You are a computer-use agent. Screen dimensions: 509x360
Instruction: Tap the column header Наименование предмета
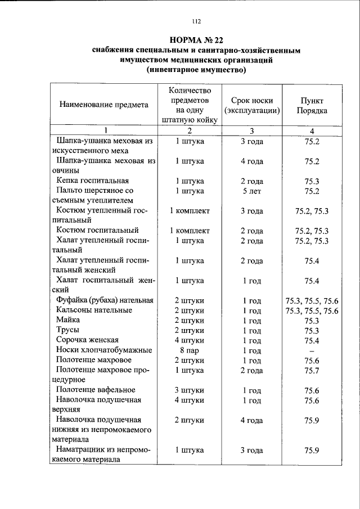tap(104, 104)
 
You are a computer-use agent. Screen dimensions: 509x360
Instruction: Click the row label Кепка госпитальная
tap(93, 181)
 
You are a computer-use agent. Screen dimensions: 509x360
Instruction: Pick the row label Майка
tap(68, 320)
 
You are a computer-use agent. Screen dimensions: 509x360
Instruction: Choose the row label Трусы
tap(67, 330)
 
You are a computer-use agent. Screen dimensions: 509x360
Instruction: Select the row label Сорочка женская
tap(87, 340)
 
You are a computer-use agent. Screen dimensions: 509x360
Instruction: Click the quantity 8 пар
tap(189, 350)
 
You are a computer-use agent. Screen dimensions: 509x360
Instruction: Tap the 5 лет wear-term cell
tap(252, 191)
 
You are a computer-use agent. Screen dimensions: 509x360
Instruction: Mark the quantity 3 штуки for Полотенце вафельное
tap(189, 390)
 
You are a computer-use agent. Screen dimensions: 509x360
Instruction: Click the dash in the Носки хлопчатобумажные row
tap(312, 350)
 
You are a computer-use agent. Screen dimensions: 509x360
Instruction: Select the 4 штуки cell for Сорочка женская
tap(189, 340)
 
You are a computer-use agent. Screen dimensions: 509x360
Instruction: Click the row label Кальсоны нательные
tap(94, 310)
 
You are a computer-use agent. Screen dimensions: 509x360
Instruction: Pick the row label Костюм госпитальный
tap(97, 231)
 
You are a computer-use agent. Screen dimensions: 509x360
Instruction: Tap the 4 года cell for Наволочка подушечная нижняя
tap(252, 420)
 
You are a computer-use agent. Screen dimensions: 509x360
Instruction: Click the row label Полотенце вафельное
tap(96, 390)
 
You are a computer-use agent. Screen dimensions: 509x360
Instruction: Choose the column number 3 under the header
tap(252, 132)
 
